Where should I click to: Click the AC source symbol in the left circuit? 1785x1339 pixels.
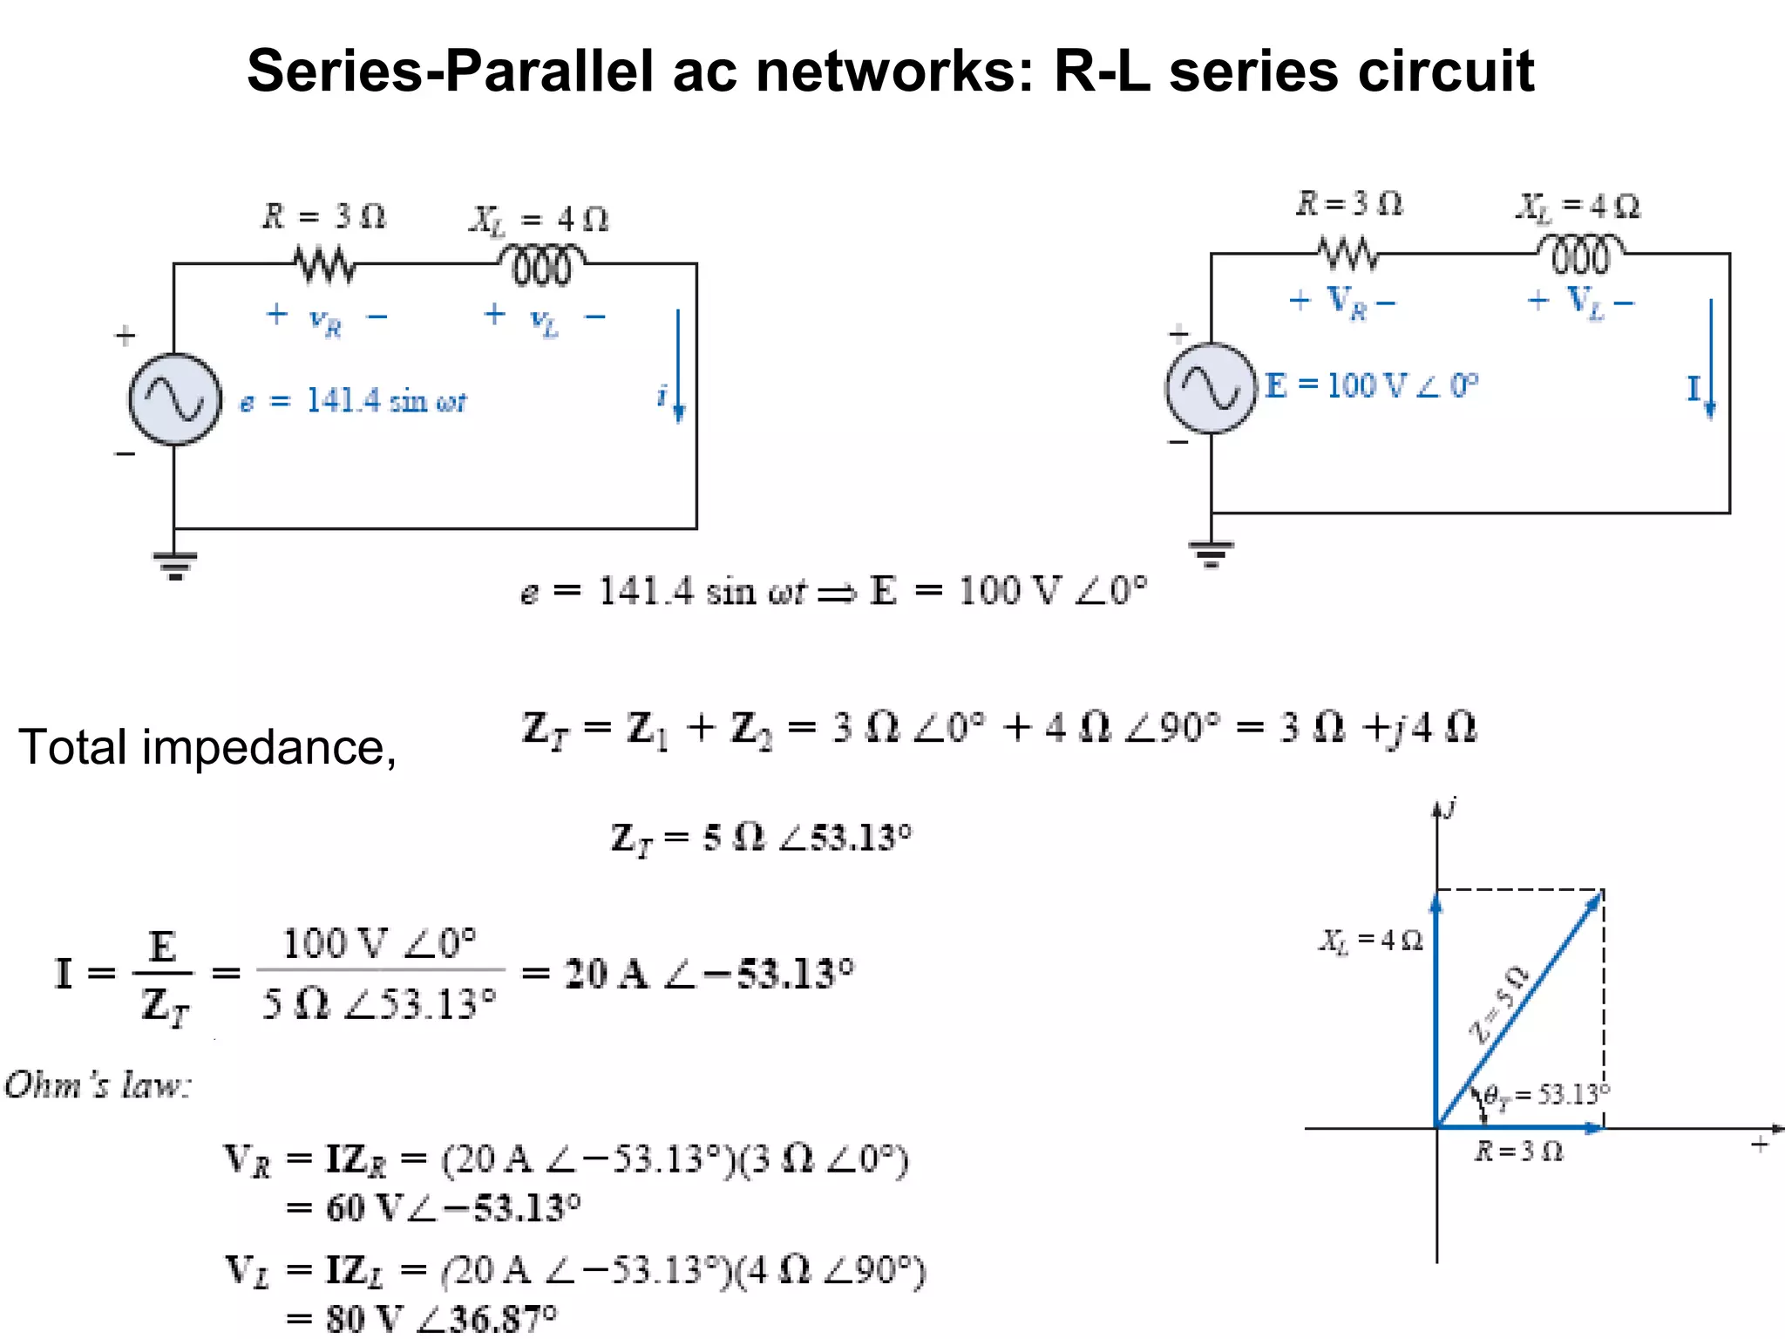point(175,399)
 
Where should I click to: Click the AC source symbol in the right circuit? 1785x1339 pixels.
point(1211,388)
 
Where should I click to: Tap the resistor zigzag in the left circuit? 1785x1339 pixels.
point(324,263)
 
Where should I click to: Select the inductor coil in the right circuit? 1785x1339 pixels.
point(1579,255)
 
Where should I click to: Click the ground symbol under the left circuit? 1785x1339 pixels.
point(175,565)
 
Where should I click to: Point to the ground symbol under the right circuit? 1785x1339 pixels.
point(1211,553)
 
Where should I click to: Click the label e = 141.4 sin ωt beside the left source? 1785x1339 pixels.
point(353,401)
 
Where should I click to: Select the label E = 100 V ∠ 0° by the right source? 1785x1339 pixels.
point(1371,385)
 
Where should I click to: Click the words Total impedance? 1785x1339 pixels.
point(207,747)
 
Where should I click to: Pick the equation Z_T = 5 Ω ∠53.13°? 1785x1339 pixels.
point(760,839)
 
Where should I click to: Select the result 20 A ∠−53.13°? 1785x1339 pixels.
point(708,974)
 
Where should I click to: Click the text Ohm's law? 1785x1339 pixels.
point(98,1085)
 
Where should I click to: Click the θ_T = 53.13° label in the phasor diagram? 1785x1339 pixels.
point(1546,1095)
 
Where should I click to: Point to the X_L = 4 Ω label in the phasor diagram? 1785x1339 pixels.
point(1370,940)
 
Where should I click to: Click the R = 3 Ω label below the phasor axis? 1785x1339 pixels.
point(1518,1152)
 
